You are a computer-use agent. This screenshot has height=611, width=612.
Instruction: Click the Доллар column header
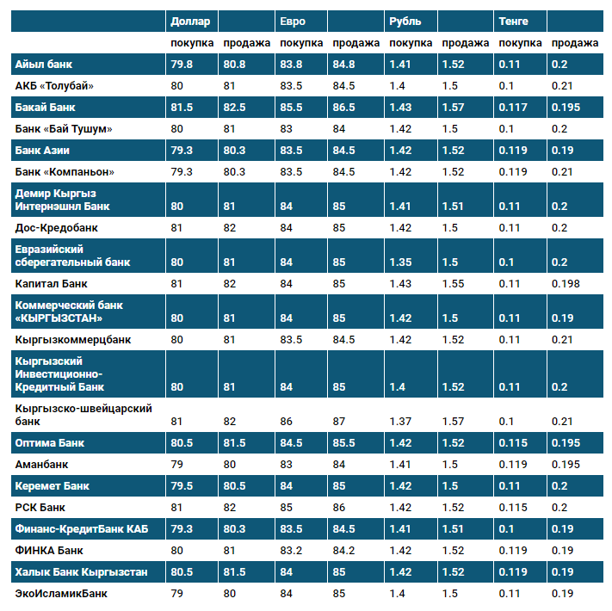click(x=189, y=21)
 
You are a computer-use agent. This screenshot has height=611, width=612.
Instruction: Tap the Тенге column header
click(x=514, y=21)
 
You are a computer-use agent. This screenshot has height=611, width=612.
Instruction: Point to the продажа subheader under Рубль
click(x=465, y=43)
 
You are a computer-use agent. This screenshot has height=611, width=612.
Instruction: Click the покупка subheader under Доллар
click(x=192, y=43)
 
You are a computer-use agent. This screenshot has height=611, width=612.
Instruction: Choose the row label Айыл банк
click(x=43, y=64)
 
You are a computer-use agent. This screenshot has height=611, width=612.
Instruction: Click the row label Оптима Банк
click(x=49, y=443)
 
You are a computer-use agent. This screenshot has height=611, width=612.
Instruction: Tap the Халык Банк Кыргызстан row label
click(x=81, y=571)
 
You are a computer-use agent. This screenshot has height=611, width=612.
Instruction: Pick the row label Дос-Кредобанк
click(x=57, y=228)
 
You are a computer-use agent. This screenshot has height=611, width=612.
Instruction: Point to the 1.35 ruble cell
click(x=400, y=262)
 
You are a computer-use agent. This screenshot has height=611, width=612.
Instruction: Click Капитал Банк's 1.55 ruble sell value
click(x=453, y=283)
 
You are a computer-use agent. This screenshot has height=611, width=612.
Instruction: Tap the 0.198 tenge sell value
click(x=566, y=283)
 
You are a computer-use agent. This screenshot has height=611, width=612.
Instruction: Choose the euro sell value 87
click(x=339, y=421)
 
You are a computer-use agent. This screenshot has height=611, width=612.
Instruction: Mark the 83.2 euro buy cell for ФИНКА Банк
click(x=293, y=550)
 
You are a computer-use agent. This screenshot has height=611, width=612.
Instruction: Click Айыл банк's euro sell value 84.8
click(x=343, y=64)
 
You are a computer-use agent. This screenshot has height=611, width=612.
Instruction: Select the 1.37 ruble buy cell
click(x=400, y=421)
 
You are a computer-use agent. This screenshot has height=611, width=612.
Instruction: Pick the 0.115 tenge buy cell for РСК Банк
click(x=513, y=507)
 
